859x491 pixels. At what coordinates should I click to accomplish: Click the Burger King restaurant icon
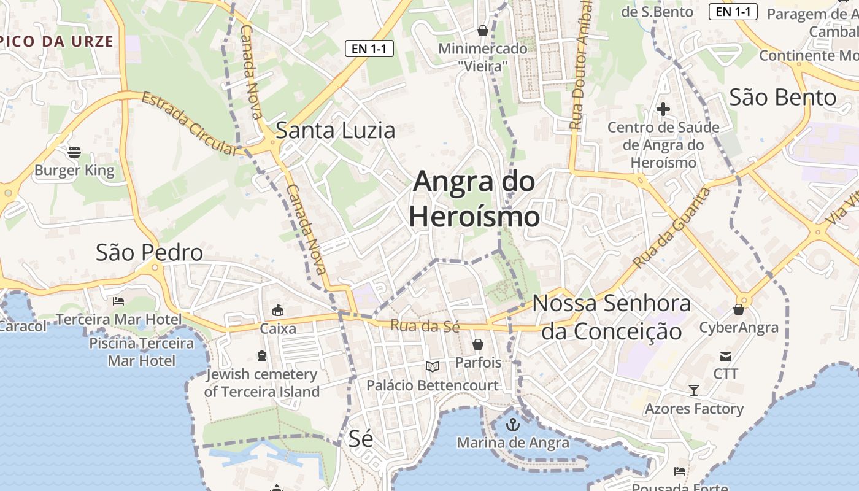click(x=74, y=152)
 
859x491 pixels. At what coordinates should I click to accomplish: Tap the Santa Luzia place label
click(x=336, y=131)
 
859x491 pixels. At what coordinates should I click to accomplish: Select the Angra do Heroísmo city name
click(x=474, y=199)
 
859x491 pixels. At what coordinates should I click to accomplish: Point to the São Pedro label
click(x=149, y=252)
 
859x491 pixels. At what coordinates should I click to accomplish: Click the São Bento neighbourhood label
click(x=783, y=98)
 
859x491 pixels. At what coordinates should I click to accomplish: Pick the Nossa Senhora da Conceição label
click(x=611, y=317)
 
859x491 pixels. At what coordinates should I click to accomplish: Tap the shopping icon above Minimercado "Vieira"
click(x=483, y=31)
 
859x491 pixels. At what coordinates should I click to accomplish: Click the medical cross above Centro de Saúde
click(x=663, y=110)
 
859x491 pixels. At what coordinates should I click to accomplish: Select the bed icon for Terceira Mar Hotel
click(x=118, y=301)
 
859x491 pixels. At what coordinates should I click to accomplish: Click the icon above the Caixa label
click(x=278, y=310)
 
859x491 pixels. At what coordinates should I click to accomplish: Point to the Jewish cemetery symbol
click(x=262, y=356)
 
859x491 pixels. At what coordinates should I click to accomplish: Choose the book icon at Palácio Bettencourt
click(x=433, y=366)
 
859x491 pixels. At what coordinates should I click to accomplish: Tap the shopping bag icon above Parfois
click(x=478, y=344)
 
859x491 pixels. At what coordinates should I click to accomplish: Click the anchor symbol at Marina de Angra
click(x=512, y=424)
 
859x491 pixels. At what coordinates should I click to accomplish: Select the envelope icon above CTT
click(x=726, y=356)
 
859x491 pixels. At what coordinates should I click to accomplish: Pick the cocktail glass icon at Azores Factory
click(x=693, y=390)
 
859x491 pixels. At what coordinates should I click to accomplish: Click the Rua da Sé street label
click(x=425, y=326)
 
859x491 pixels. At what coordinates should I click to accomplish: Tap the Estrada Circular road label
click(x=189, y=123)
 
